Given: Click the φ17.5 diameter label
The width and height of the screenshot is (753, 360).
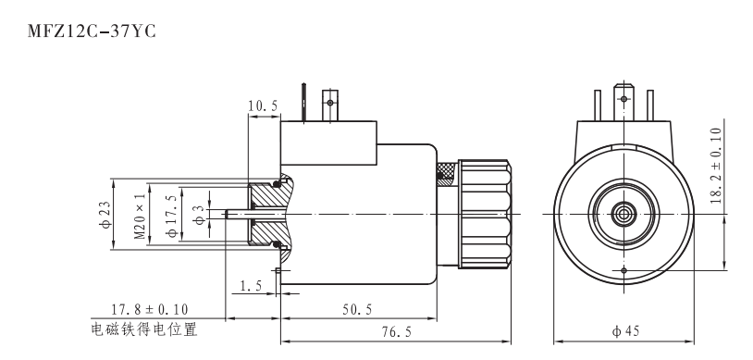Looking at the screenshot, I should [170, 214].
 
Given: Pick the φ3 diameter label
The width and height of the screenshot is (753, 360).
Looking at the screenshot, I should [198, 214].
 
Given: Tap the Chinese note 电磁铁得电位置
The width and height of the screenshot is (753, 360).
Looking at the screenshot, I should [144, 329].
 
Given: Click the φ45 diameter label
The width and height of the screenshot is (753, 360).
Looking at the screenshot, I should [624, 330].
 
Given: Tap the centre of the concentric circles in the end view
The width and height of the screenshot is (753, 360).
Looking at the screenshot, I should [624, 214].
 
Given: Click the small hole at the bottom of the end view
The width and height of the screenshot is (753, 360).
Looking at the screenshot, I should [624, 269].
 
